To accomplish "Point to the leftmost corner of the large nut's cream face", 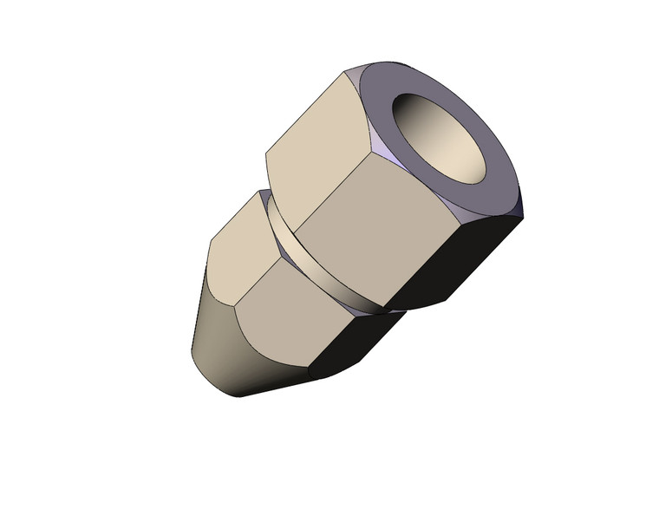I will pyautogui.click(x=265, y=157).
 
